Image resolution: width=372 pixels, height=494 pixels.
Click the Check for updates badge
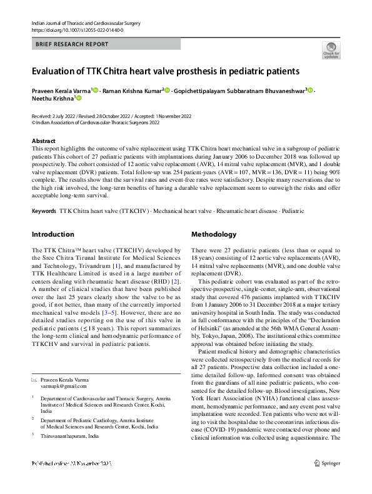point(331,50)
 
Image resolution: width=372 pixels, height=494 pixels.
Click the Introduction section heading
point(53,235)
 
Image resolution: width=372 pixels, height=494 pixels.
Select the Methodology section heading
point(213,235)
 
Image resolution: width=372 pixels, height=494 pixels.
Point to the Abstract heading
point(44,142)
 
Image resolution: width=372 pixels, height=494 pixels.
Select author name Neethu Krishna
point(53,98)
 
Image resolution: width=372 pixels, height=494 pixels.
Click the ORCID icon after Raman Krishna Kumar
point(168,90)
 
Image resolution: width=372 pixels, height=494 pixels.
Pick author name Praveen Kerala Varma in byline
point(61,90)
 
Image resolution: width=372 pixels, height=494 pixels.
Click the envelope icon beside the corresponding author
point(35,380)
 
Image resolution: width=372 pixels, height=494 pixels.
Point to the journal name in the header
point(86,23)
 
